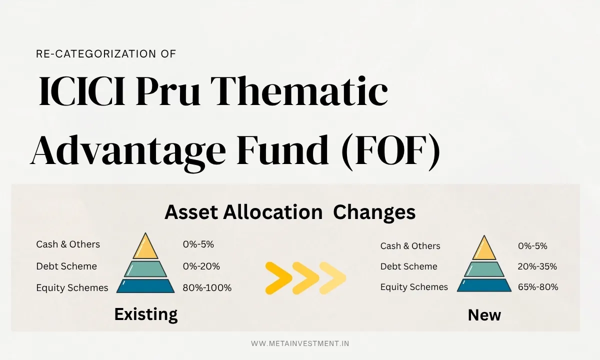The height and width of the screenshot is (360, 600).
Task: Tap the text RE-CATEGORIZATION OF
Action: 106,54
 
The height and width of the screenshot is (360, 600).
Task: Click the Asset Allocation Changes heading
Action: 290,212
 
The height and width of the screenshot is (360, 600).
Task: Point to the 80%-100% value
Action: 207,287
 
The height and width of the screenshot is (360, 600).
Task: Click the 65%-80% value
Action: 538,287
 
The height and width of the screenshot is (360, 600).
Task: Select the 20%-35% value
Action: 537,266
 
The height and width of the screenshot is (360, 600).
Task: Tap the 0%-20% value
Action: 201,266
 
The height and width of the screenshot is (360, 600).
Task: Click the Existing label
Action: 145,314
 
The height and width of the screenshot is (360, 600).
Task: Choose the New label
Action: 484,315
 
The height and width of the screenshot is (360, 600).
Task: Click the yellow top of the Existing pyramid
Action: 145,247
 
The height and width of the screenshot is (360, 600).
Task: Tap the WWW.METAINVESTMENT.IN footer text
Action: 300,343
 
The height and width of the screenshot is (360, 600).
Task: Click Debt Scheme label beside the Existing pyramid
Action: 66,266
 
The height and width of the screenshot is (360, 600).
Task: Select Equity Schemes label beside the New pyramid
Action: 414,287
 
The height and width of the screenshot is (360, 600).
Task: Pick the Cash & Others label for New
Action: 410,246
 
